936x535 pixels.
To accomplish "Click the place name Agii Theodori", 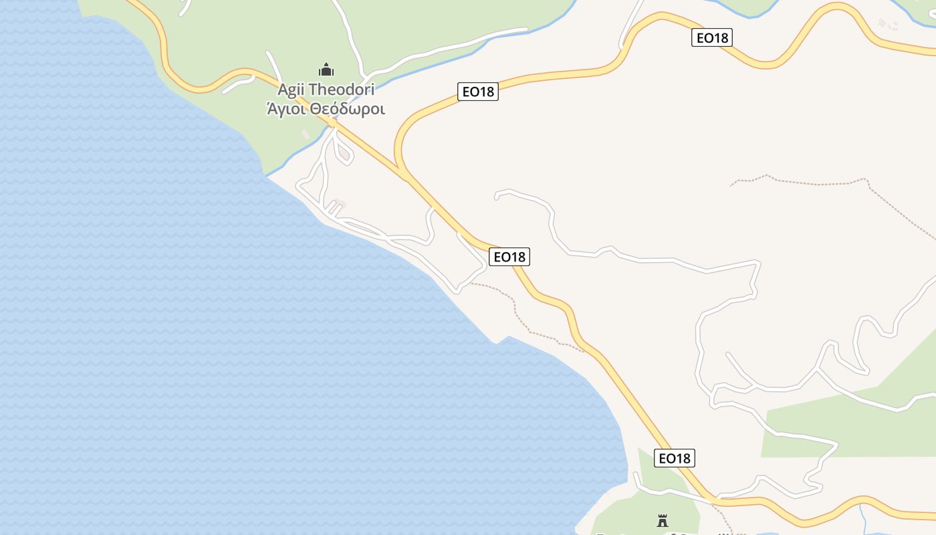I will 326,90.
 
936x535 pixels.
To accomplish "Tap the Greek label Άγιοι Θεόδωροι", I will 326,108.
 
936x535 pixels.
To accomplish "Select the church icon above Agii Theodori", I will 326,70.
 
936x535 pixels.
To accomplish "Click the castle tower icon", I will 663,520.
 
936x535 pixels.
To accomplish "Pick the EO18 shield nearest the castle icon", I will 675,458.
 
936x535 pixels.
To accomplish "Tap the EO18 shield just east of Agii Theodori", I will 478,92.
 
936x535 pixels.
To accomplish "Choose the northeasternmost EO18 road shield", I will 712,38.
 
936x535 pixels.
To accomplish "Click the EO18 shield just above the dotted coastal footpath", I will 509,257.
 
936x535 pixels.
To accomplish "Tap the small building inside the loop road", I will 344,154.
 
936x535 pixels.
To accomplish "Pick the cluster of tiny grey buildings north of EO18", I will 889,25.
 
